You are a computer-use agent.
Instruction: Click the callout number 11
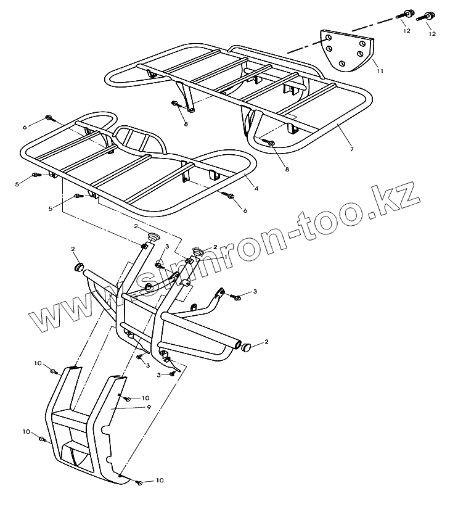point(380,72)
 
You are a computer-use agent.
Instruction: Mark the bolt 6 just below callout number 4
point(231,196)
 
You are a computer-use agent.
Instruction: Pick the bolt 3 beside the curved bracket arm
point(237,297)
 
